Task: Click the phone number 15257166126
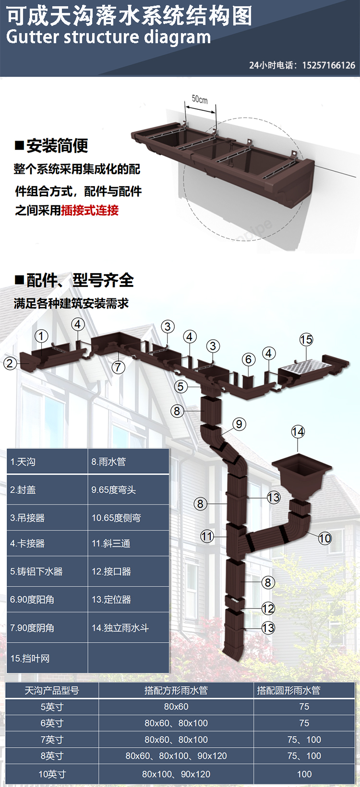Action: point(329,65)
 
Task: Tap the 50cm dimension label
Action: point(200,99)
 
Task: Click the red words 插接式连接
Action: point(90,210)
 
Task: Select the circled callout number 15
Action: point(306,340)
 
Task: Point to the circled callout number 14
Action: point(298,432)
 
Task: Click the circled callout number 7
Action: point(119,368)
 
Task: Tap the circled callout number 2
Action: point(10,363)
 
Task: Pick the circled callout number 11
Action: point(207,536)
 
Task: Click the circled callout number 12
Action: point(268,608)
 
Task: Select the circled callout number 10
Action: point(325,538)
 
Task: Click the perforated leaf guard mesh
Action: point(305,368)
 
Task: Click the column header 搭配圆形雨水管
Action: point(288,691)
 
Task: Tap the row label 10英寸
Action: point(52,774)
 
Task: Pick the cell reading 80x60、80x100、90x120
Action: point(176,756)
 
